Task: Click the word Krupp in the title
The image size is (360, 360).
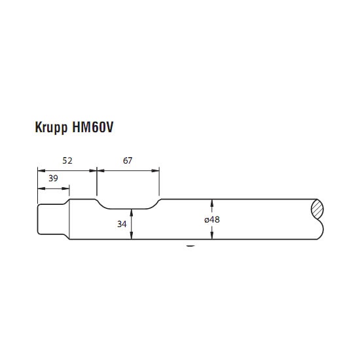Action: coord(51,128)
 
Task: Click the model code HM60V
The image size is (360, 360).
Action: coord(93,127)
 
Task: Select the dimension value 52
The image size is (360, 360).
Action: coord(67,161)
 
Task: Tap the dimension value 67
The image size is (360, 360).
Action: coord(128,161)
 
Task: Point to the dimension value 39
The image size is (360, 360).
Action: coord(53,178)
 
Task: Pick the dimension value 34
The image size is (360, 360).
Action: coord(122,224)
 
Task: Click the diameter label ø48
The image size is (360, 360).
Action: coord(212,220)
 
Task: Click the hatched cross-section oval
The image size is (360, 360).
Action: coord(317,209)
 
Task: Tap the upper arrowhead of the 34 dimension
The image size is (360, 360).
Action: coord(132,213)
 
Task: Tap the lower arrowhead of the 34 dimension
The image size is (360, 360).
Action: coord(132,236)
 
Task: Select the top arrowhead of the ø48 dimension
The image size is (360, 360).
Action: coord(212,203)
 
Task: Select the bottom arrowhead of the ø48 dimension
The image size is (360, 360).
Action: coord(212,236)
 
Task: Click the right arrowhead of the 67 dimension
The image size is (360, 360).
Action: coord(155,171)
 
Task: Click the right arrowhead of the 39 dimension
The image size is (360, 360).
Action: coord(65,189)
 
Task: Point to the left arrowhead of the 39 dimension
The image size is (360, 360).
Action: coord(41,189)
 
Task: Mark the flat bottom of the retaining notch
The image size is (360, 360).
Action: coord(128,209)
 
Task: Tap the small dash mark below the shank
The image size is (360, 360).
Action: coord(190,246)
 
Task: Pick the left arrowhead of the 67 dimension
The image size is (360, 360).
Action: coord(101,171)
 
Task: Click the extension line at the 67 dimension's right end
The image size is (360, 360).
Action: coord(159,181)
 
